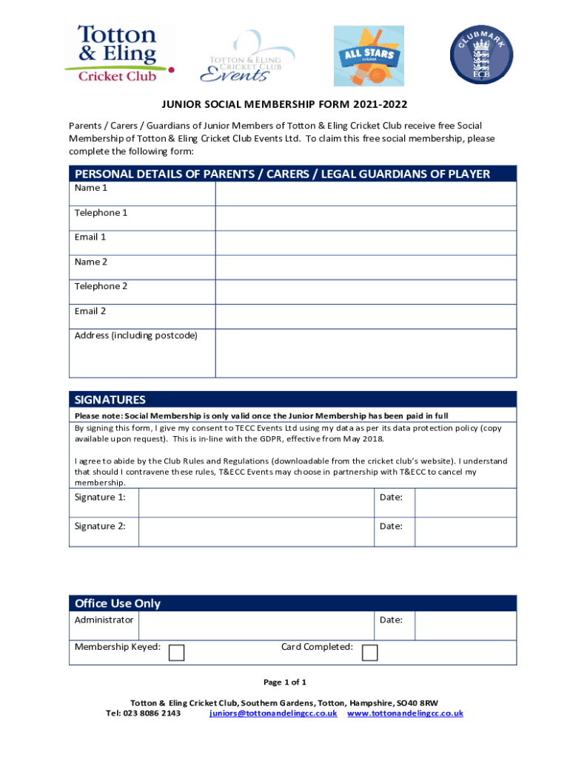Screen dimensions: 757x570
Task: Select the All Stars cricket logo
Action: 369,55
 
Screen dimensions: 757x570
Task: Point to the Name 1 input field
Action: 366,194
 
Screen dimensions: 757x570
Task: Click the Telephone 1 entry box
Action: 366,218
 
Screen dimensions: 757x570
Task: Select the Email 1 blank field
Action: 366,242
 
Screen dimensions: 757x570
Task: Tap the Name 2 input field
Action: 366,267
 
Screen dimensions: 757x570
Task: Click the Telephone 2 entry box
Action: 366,292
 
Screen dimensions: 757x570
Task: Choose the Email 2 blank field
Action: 366,316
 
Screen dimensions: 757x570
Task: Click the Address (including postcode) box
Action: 366,353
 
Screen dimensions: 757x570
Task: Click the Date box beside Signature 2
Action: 465,532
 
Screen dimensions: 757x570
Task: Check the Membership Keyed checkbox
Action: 177,653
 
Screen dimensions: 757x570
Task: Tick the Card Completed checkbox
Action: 369,653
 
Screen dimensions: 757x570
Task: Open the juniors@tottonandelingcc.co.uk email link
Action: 273,713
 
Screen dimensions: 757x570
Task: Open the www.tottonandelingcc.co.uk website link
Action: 405,713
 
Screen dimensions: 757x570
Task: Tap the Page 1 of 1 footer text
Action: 285,682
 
